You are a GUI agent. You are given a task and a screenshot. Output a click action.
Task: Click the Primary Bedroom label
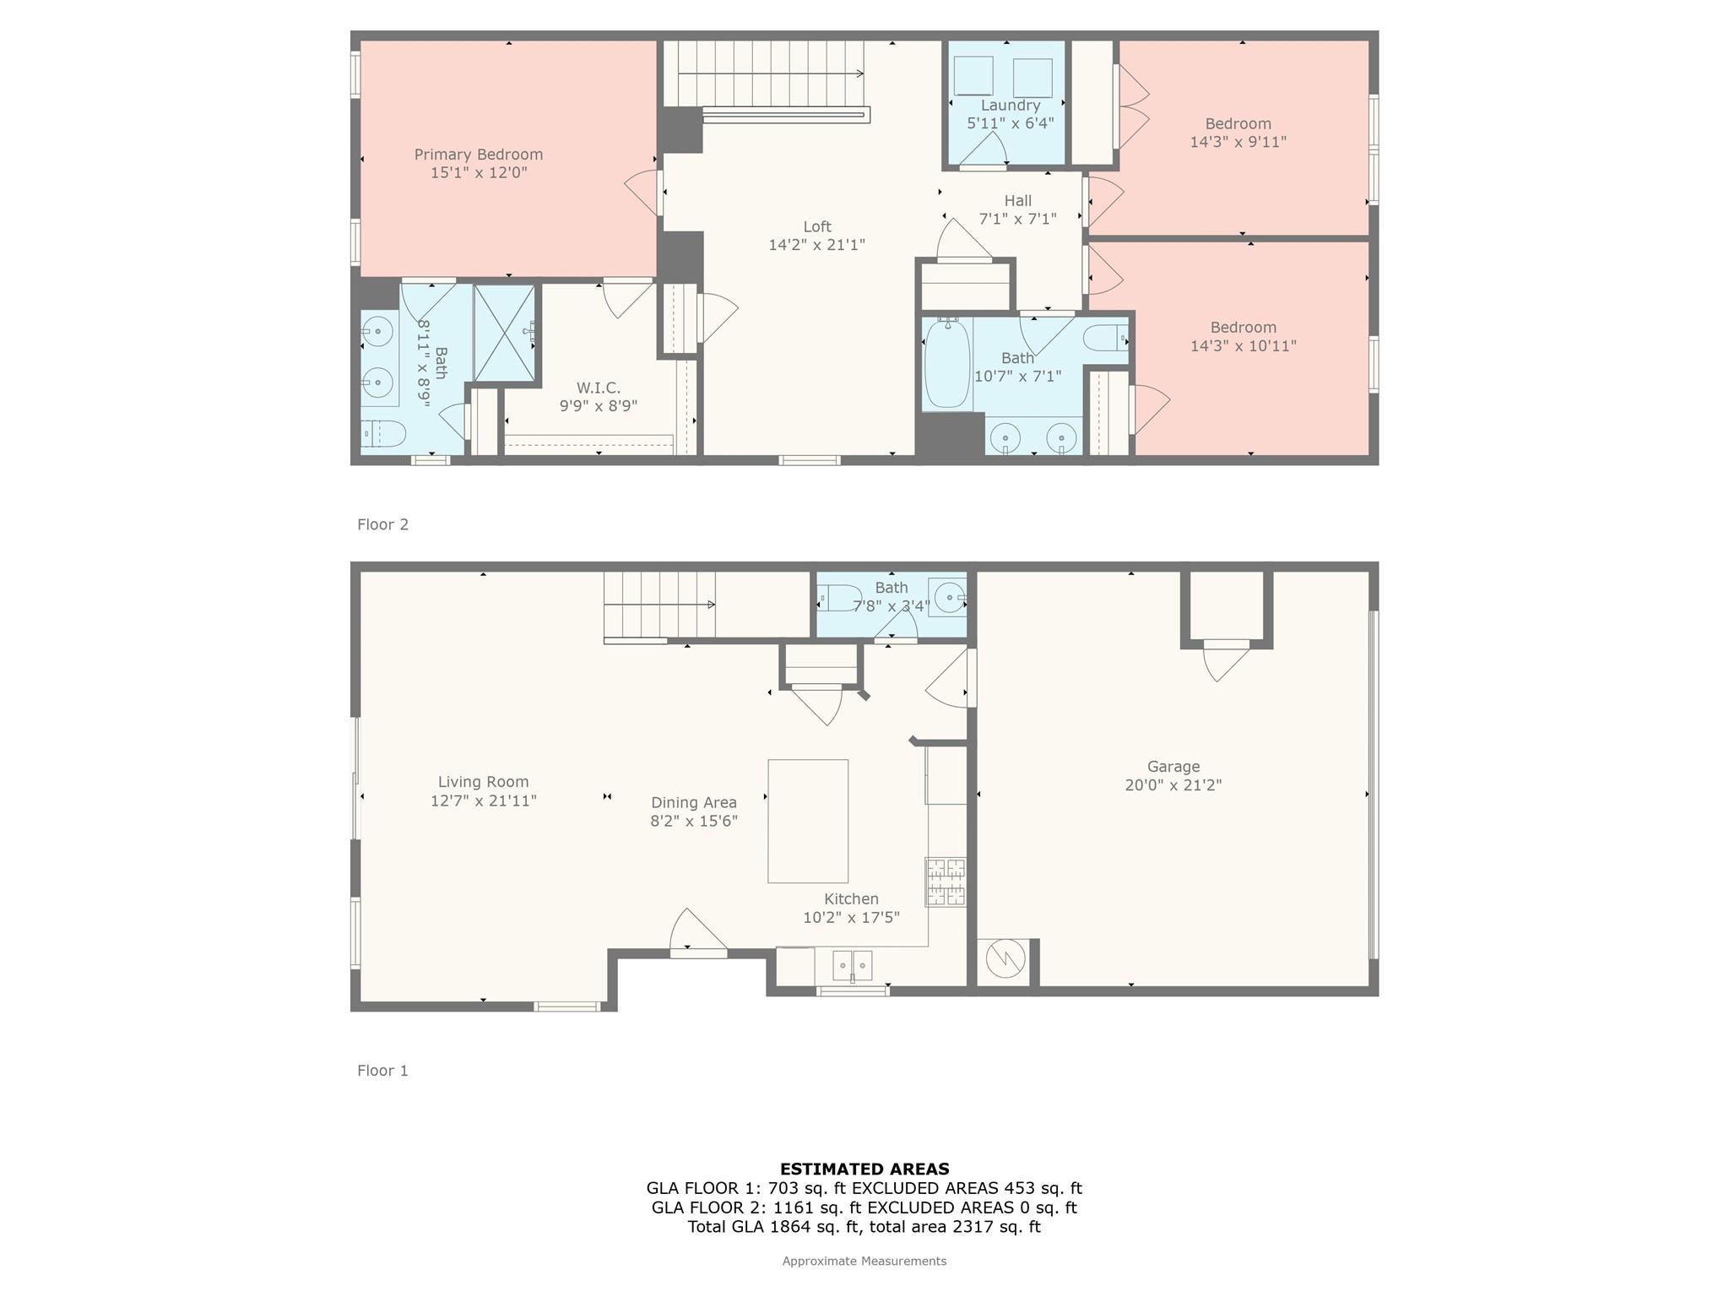pyautogui.click(x=478, y=155)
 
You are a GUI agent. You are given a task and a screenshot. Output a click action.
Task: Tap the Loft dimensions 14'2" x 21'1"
pyautogui.click(x=816, y=245)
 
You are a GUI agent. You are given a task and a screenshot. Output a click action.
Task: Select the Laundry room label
pyautogui.click(x=1010, y=106)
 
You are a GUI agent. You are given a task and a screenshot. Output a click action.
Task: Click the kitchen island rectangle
pyautogui.click(x=808, y=821)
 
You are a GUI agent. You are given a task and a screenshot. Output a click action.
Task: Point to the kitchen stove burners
pyautogui.click(x=946, y=882)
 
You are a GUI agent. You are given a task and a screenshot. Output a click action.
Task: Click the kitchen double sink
pyautogui.click(x=852, y=965)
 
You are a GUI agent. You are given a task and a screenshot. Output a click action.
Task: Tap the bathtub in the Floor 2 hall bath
pyautogui.click(x=946, y=364)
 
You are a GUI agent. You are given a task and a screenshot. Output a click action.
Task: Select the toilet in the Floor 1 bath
pyautogui.click(x=839, y=598)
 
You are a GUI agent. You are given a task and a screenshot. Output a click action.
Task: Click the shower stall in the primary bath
pyautogui.click(x=504, y=334)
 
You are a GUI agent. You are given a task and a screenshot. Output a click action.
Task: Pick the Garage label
pyautogui.click(x=1173, y=767)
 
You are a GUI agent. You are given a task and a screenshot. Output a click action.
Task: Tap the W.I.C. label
pyautogui.click(x=599, y=388)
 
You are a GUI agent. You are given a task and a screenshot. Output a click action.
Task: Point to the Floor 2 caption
pyautogui.click(x=382, y=524)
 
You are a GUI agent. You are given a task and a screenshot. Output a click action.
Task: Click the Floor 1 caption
pyautogui.click(x=382, y=1071)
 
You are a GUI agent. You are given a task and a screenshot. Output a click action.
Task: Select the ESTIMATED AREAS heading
pyautogui.click(x=864, y=1169)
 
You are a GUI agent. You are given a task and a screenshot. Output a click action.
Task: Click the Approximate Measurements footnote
pyautogui.click(x=864, y=1261)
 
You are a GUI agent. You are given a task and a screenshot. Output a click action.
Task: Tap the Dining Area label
pyautogui.click(x=693, y=803)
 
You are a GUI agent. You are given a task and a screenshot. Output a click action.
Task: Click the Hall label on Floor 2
pyautogui.click(x=1017, y=201)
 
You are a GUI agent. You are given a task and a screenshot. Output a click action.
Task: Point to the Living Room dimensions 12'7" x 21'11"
pyautogui.click(x=484, y=800)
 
